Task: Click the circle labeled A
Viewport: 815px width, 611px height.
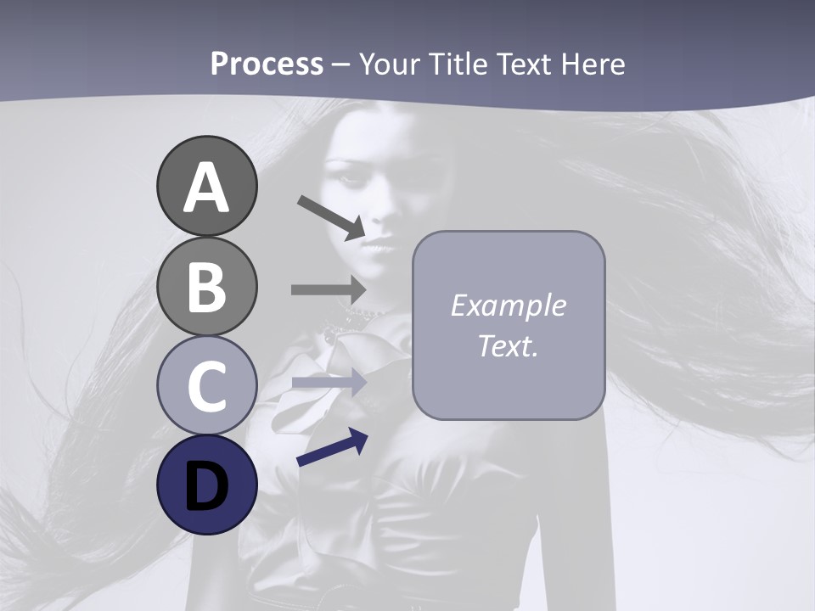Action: click(x=206, y=187)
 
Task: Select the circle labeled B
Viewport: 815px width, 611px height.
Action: click(x=206, y=287)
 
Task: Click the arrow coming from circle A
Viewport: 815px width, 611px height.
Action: click(x=332, y=217)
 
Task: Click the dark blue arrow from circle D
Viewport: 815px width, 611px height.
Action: click(x=332, y=447)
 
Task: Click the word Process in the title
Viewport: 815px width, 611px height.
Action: click(x=267, y=64)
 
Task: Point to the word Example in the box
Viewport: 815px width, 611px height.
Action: click(x=508, y=305)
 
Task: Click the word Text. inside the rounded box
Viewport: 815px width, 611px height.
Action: click(x=508, y=345)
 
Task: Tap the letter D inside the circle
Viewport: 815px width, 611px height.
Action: click(x=206, y=486)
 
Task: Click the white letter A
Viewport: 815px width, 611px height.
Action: click(x=206, y=188)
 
